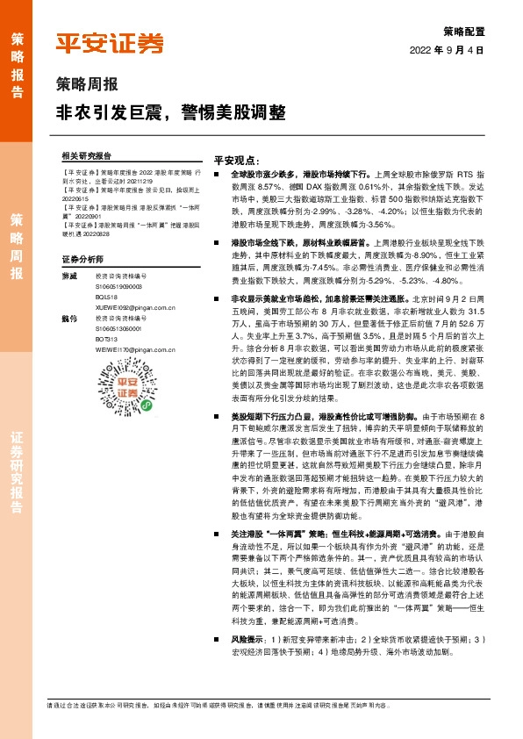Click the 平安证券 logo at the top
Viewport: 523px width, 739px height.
pyautogui.click(x=111, y=44)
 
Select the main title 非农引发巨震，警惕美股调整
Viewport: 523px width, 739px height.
pyautogui.click(x=171, y=113)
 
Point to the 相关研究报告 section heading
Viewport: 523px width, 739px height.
pyautogui.click(x=88, y=154)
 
